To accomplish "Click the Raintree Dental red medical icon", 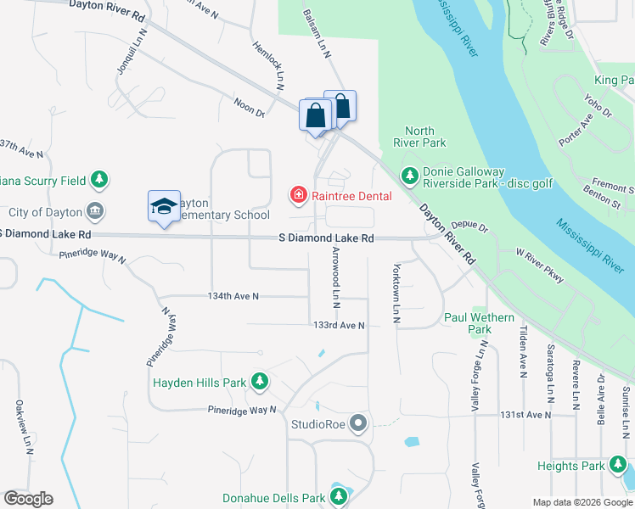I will coord(298,196).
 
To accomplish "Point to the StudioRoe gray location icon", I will coord(360,422).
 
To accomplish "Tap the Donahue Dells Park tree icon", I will coord(340,498).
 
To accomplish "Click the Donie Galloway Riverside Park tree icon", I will coord(410,176).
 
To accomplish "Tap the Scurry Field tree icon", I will coord(100,180).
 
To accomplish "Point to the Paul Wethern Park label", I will coord(480,323).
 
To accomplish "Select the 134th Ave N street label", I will coord(233,296).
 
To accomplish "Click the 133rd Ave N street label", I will coord(338,325).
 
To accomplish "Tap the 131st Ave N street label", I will coord(525,415).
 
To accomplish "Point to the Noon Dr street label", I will coord(250,107).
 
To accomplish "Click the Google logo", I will coord(28,499).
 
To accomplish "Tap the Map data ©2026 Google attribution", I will coord(582,502).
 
